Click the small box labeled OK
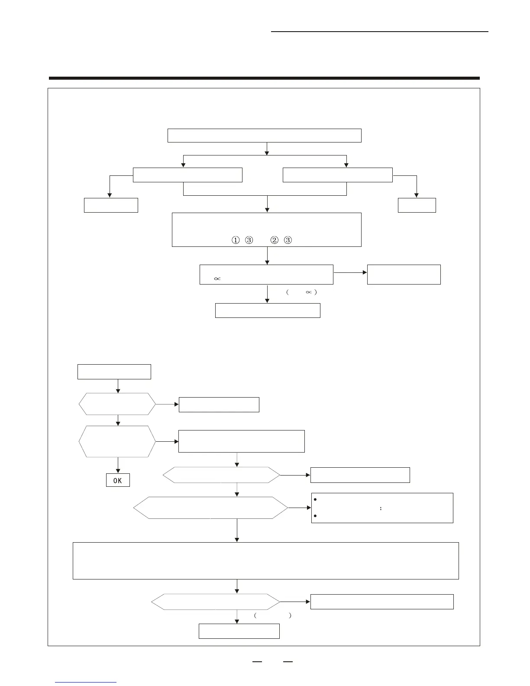click(118, 480)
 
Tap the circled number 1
click(236, 240)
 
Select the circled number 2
click(274, 240)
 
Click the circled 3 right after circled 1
click(249, 240)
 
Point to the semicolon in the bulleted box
click(381, 508)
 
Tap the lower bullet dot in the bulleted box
click(315, 516)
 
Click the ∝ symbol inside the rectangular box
click(217, 278)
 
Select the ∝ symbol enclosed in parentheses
click(309, 292)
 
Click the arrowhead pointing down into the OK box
click(118, 472)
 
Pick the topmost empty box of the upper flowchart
click(264, 136)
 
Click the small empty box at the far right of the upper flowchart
click(417, 205)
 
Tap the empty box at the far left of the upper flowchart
click(111, 205)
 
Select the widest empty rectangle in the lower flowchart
click(265, 560)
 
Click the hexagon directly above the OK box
click(117, 441)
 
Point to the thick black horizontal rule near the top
click(264, 78)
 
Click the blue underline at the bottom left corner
click(86, 682)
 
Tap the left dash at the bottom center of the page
click(257, 662)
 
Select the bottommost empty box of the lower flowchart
click(239, 631)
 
